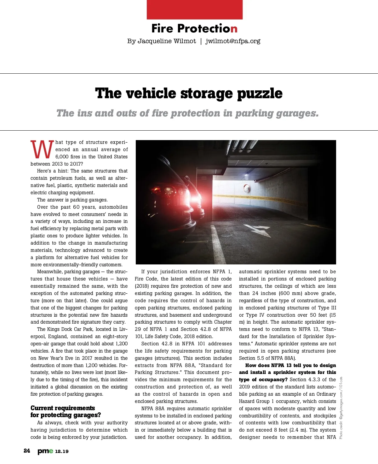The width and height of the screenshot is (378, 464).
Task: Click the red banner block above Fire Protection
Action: (195, 9)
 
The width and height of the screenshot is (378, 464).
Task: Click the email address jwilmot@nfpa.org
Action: (233, 41)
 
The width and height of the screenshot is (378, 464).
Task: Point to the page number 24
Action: (27, 451)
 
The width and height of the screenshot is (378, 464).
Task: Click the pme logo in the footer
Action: (45, 451)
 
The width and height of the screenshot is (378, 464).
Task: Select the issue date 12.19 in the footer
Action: (62, 451)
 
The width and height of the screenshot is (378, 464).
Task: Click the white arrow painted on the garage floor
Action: (260, 231)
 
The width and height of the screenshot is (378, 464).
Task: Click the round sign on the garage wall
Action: (247, 188)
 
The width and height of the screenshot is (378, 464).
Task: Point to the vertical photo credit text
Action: (341, 408)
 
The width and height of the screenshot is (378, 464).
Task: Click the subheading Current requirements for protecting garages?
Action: (66, 411)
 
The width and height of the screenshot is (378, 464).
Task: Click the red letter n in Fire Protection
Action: (234, 29)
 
